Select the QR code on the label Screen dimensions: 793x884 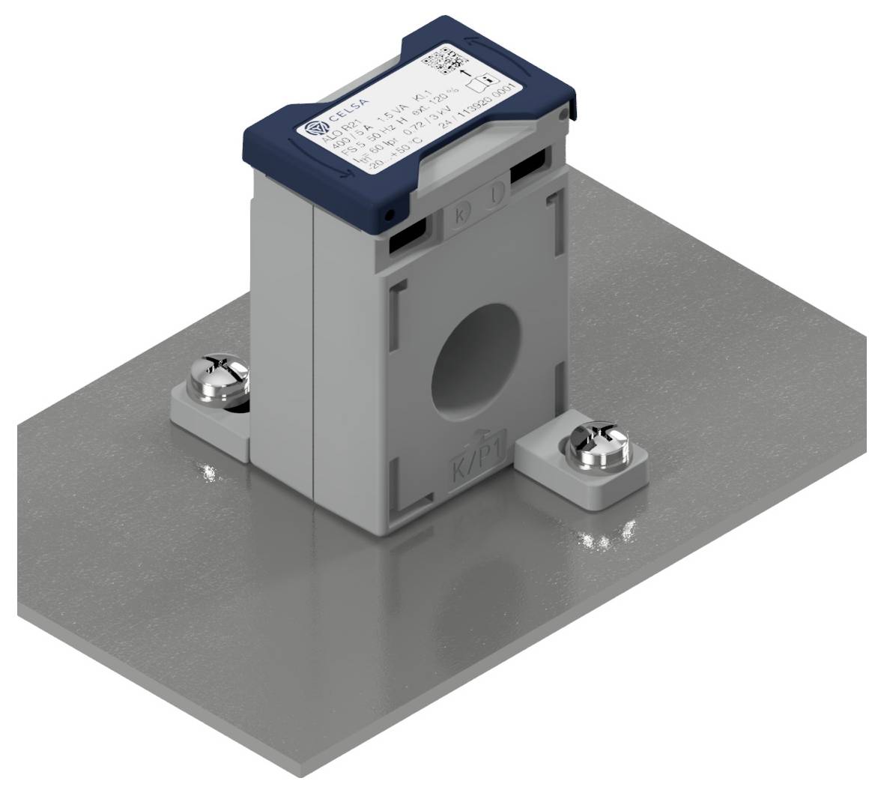tap(443, 61)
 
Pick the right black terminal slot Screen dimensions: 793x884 tap(531, 166)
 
